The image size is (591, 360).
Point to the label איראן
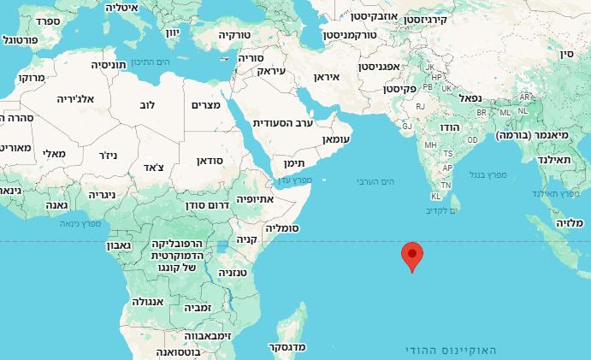coord(327,77)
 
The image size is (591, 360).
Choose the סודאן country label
coord(210,160)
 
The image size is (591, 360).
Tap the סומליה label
coord(281,228)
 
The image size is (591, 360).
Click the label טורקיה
coord(232,35)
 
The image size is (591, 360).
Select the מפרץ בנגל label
coord(488,174)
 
